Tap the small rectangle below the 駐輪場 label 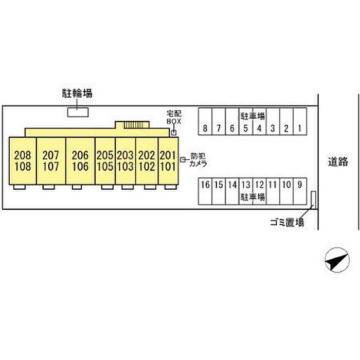[78, 112]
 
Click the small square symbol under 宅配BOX [174, 133]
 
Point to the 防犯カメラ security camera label [198, 160]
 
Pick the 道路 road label [338, 162]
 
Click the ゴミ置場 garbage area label [286, 223]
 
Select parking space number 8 [205, 128]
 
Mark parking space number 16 [205, 185]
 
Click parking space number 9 [300, 185]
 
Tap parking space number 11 [273, 185]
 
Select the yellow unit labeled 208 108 [23, 160]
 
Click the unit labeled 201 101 [168, 160]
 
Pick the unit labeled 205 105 [105, 160]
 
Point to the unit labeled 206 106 [80, 160]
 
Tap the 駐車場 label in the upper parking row [253, 115]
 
